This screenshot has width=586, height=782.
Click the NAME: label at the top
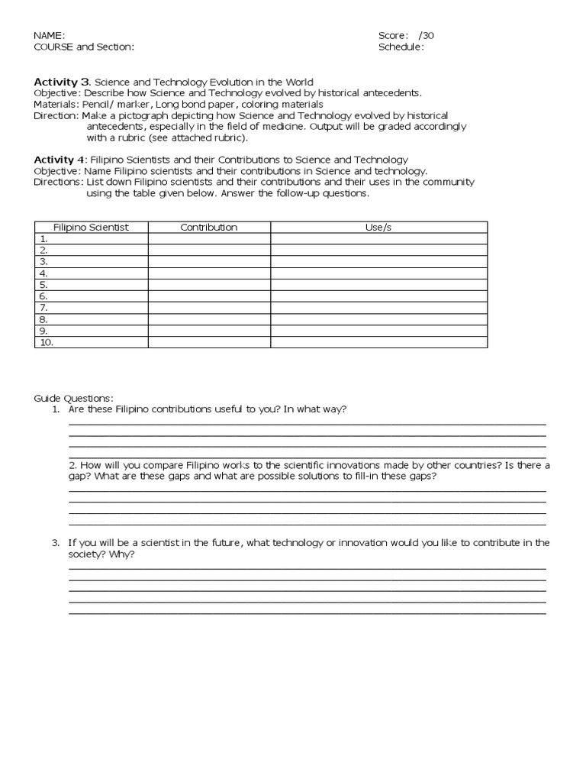click(x=50, y=35)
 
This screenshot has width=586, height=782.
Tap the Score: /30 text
click(x=406, y=35)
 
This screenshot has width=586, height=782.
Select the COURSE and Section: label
click(x=84, y=47)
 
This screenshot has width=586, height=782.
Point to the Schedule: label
click(x=401, y=47)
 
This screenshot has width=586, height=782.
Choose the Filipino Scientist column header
click(x=91, y=228)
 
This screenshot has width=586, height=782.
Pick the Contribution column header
click(x=208, y=228)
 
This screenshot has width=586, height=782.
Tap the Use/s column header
click(x=378, y=228)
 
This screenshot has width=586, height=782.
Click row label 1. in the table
click(x=43, y=239)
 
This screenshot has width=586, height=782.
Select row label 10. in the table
click(x=46, y=343)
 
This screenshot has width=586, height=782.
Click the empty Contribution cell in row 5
click(x=208, y=285)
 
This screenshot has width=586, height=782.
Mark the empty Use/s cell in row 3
click(x=378, y=262)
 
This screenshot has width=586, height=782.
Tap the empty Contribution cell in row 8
click(x=208, y=320)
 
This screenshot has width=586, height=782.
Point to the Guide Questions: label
click(x=73, y=398)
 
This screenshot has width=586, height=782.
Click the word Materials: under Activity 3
click(x=56, y=104)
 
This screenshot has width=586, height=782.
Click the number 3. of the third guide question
click(x=56, y=543)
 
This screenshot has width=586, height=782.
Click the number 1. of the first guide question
click(x=56, y=409)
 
